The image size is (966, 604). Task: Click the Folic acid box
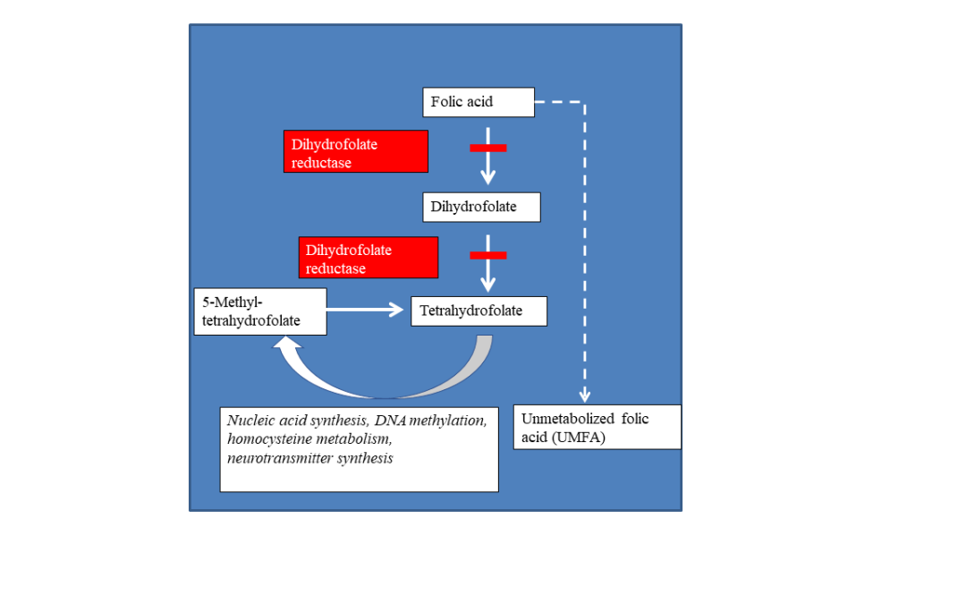478,102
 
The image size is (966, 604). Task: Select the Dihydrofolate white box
481,207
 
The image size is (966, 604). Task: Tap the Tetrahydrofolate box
479,311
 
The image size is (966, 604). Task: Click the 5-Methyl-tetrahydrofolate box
260,312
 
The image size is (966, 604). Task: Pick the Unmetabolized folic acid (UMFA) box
597,427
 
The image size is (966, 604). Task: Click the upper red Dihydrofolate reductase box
355,151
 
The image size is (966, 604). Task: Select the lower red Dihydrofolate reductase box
369,258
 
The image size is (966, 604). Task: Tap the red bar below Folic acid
488,148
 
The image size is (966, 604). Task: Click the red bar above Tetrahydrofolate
488,255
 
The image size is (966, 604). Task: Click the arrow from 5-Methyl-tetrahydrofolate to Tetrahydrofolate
365,310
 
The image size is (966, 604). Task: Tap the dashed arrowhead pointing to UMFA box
585,396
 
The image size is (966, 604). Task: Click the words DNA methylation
430,421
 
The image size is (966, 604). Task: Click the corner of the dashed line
585,102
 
